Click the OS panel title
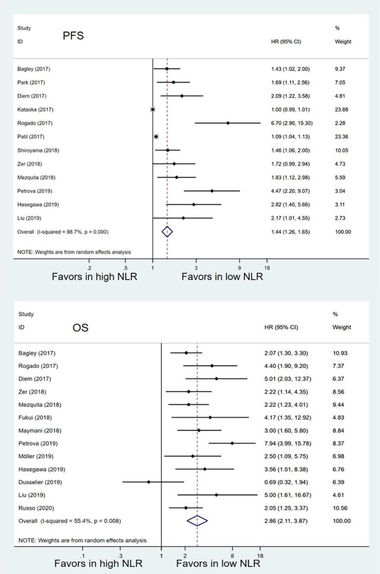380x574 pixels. (80, 327)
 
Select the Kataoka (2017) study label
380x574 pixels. (34, 109)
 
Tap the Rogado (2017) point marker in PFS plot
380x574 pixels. (228, 123)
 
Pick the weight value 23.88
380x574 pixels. (343, 109)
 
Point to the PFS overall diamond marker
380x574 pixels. (167, 232)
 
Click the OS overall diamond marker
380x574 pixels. (197, 521)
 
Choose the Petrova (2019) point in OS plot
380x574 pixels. (232, 443)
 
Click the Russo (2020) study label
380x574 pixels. (34, 508)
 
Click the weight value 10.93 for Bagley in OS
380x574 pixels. (343, 353)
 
